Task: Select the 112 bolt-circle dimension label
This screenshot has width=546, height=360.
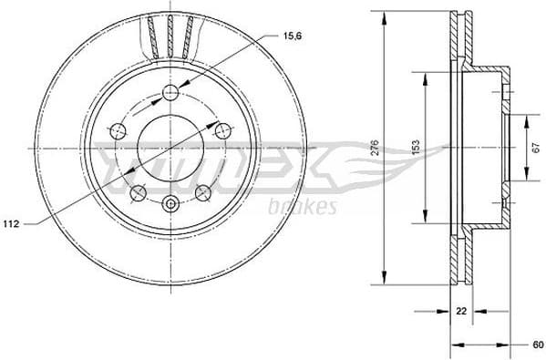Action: click(12, 222)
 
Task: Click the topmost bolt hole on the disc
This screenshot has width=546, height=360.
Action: click(170, 92)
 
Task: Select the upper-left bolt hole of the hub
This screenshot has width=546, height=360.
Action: click(117, 131)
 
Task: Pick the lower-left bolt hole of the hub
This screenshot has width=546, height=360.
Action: click(138, 192)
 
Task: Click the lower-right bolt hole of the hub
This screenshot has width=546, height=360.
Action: click(202, 192)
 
